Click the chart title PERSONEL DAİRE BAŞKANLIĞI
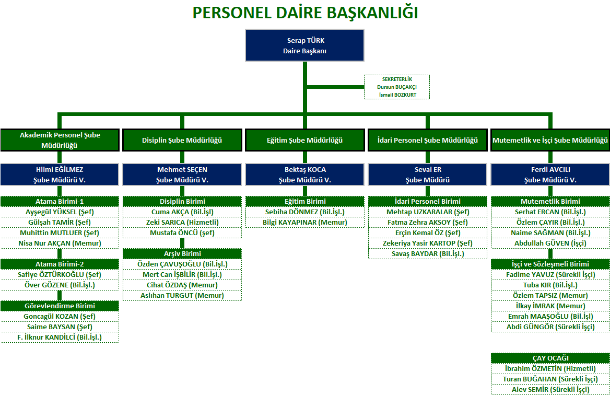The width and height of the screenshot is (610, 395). tap(305, 13)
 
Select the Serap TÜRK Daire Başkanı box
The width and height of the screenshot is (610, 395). tap(305, 45)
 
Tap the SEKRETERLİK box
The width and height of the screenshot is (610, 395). tap(397, 87)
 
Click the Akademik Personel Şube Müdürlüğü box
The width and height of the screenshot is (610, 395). tap(60, 140)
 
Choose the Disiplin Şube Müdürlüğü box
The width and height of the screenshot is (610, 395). tap(182, 140)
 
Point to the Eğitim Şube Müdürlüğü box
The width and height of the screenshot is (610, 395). tap(305, 140)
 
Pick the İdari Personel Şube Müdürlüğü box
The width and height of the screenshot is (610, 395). tap(427, 140)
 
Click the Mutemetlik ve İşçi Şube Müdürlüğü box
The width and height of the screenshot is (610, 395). tap(550, 140)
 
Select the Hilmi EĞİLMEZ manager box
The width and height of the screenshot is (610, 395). tap(60, 175)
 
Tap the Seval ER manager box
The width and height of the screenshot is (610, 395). tap(427, 175)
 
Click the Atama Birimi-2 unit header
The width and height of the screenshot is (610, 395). tap(60, 264)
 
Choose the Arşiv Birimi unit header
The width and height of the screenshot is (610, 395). tap(182, 253)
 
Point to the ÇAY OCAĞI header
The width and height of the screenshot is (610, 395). tap(550, 358)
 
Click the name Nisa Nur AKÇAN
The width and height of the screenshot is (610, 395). tap(60, 243)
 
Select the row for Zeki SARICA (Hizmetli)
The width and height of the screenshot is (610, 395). tap(182, 222)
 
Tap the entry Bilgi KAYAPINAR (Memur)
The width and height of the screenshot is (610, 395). tap(305, 222)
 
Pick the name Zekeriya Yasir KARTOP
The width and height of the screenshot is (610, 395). tap(427, 243)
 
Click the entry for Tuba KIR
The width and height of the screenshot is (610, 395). tap(550, 285)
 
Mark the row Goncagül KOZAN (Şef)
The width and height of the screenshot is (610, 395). tap(60, 316)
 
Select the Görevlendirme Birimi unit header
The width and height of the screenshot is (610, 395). tap(60, 306)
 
